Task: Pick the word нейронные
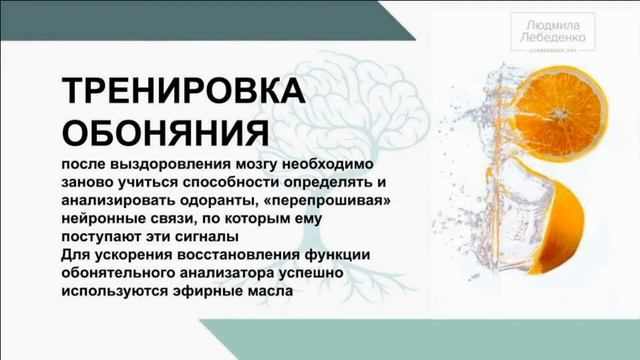[103, 218]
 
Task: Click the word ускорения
[130, 252]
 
